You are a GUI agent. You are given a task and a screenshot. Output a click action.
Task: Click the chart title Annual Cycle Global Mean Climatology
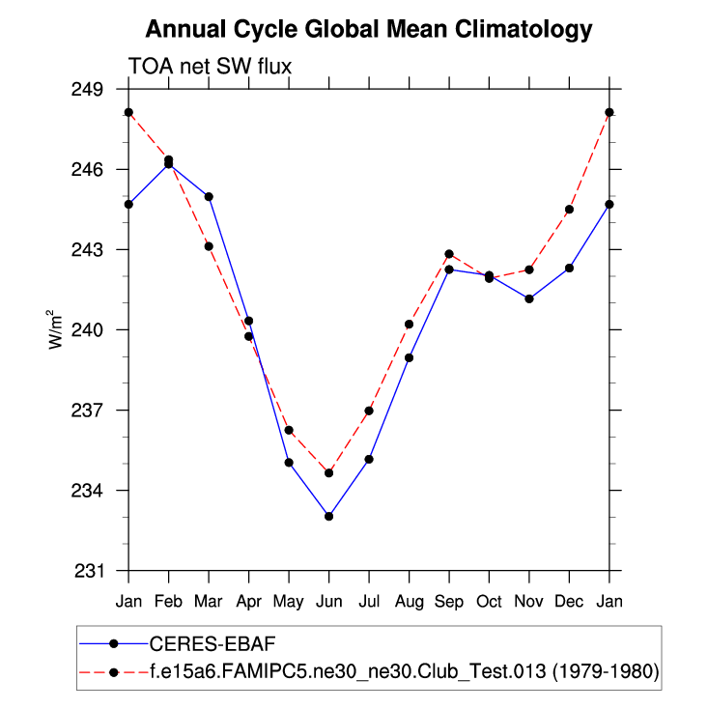pos(368,30)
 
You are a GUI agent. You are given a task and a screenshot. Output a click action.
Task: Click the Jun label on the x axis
pos(328,601)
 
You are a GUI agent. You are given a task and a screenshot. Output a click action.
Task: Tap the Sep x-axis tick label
pos(449,601)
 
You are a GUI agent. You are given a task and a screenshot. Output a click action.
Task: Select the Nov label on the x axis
pos(529,601)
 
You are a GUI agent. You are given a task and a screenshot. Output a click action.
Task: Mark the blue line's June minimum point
pos(328,516)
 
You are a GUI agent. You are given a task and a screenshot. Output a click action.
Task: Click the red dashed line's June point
pos(328,473)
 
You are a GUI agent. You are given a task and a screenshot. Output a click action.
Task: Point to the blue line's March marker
pos(209,196)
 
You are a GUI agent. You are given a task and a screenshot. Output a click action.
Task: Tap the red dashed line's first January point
pos(128,112)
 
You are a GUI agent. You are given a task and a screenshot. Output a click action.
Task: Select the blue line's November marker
pos(529,298)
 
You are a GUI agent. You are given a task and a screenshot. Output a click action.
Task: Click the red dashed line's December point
pos(569,210)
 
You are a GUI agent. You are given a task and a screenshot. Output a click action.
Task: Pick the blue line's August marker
pos(409,357)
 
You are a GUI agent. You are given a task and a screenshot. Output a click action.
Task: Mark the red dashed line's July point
pos(369,411)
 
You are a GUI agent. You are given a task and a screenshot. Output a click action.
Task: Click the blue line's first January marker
pos(128,204)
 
